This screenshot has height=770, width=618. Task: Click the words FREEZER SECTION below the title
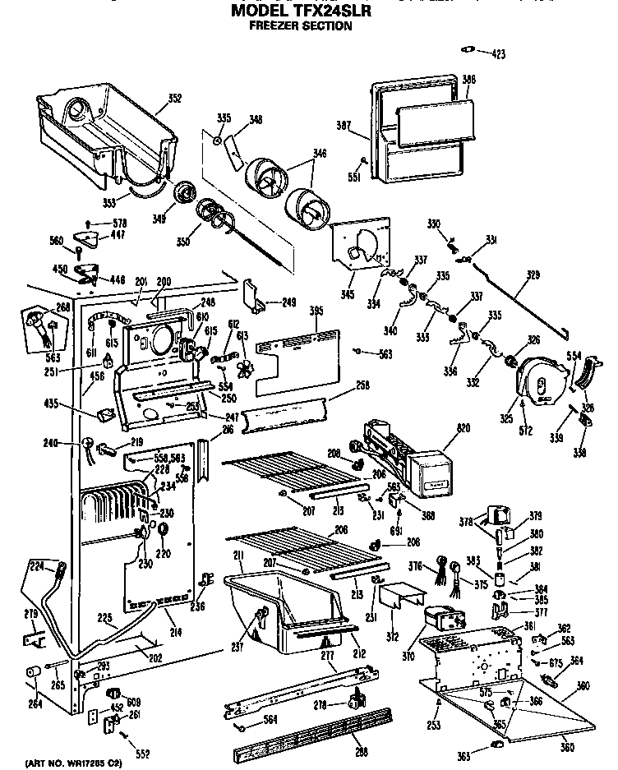tap(300, 25)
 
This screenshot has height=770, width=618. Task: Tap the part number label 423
tap(498, 54)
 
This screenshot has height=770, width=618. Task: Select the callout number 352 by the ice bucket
tap(174, 99)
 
